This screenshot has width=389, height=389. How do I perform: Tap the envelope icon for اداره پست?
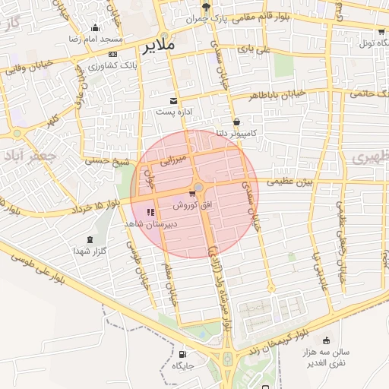174,100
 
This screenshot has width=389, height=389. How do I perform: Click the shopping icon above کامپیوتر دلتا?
237,122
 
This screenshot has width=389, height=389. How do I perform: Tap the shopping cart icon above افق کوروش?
191,194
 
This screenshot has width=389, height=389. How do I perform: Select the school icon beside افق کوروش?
150,212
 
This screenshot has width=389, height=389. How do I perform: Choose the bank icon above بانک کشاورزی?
112,54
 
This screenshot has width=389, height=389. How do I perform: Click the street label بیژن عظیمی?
289,182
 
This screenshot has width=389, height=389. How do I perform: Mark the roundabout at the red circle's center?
199,187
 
